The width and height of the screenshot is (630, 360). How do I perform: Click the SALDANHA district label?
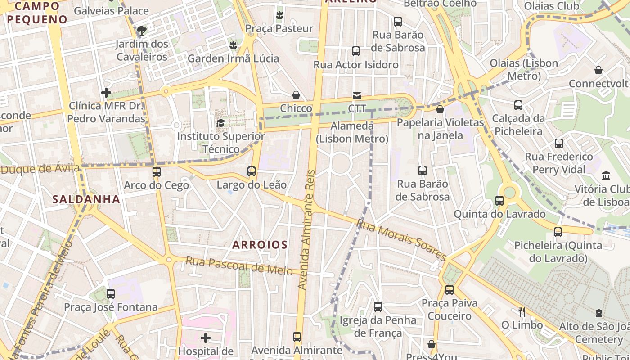click(x=86, y=199)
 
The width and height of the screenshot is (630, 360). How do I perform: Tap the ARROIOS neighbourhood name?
click(x=260, y=245)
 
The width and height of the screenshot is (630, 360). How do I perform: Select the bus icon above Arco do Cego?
click(x=157, y=171)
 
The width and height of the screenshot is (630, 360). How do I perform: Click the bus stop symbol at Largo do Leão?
click(x=252, y=171)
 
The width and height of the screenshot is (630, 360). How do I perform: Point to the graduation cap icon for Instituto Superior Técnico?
click(x=220, y=123)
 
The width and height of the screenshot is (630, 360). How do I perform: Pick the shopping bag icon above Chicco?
click(x=296, y=95)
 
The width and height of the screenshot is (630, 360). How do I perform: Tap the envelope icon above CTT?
click(x=357, y=95)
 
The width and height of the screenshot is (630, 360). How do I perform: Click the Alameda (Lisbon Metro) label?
click(x=352, y=132)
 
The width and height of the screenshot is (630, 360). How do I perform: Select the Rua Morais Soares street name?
click(x=401, y=240)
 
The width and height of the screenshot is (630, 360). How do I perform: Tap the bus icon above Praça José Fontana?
click(x=111, y=294)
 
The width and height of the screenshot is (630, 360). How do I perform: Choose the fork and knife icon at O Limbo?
click(x=522, y=311)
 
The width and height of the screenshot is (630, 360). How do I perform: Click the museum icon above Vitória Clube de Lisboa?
click(x=606, y=175)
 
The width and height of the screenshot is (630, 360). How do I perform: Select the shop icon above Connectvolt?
click(x=598, y=70)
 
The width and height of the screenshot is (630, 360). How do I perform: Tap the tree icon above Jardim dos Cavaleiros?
click(x=142, y=31)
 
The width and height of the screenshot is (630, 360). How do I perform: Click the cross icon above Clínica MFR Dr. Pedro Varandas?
click(x=106, y=93)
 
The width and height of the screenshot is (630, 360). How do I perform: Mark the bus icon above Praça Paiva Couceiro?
click(x=449, y=290)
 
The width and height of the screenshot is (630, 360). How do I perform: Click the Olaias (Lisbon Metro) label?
click(x=524, y=69)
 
